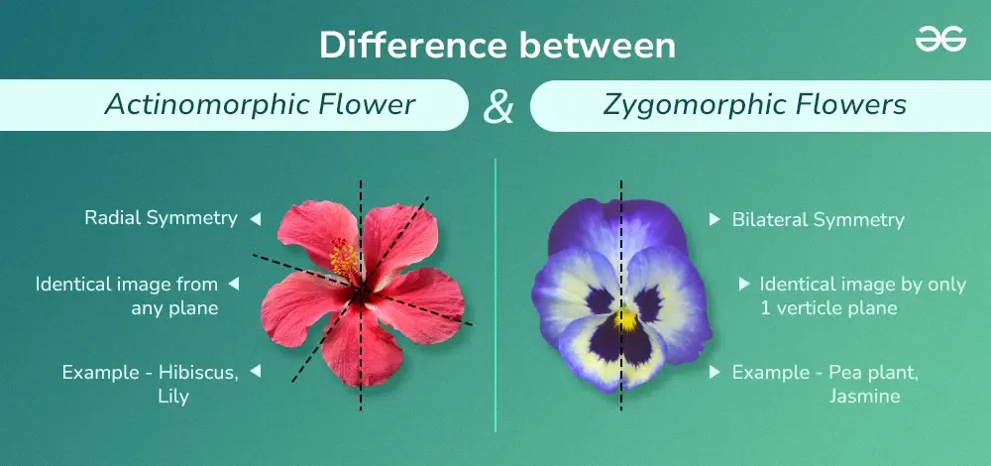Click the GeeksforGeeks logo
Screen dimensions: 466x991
click(x=939, y=40)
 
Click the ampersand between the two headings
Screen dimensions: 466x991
click(x=498, y=107)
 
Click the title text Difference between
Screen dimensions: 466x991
click(x=497, y=46)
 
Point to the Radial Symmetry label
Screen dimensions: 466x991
click(x=161, y=218)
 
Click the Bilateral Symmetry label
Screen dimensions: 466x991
click(x=818, y=219)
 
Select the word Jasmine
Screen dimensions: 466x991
click(x=865, y=397)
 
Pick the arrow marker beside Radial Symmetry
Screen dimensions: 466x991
click(x=255, y=218)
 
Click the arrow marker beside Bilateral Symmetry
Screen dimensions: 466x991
click(x=715, y=219)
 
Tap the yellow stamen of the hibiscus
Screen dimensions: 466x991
click(x=344, y=260)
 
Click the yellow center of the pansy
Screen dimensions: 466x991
click(x=627, y=320)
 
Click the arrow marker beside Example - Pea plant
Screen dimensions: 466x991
click(x=715, y=372)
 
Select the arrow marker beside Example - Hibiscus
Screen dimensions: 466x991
click(x=255, y=372)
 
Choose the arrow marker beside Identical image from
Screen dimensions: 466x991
click(x=234, y=284)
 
